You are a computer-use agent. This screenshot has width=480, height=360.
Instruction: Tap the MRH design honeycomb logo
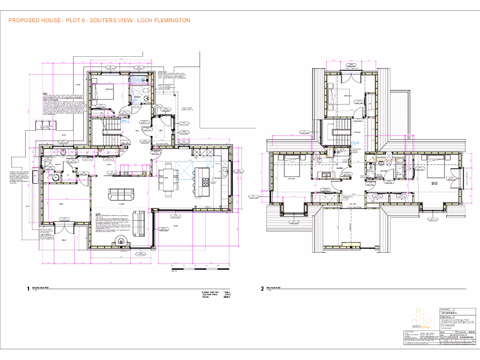click(x=421, y=319)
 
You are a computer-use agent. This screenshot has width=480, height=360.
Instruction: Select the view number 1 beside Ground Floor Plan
click(x=28, y=289)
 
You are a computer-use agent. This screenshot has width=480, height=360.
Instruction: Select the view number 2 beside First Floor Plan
click(x=262, y=289)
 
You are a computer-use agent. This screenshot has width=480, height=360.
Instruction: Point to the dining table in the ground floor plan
click(x=167, y=178)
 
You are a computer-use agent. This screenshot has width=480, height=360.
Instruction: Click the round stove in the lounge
click(x=123, y=241)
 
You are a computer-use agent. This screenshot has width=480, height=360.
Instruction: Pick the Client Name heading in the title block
click(x=446, y=309)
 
